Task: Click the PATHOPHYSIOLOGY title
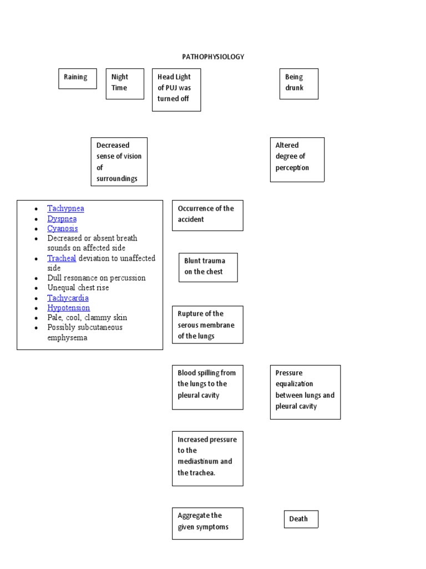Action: click(x=213, y=57)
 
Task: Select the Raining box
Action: click(x=77, y=78)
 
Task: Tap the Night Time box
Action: click(x=125, y=83)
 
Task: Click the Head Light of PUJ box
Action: click(x=176, y=89)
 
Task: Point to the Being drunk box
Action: click(x=298, y=83)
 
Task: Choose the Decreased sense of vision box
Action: click(x=119, y=162)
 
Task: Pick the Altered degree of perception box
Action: click(x=297, y=159)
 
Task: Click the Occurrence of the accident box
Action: click(x=207, y=215)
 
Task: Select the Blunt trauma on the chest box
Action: click(x=208, y=267)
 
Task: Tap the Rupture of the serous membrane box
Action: click(x=207, y=325)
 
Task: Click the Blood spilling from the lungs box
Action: click(x=207, y=387)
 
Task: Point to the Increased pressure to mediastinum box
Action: click(x=207, y=458)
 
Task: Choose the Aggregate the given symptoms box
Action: click(x=207, y=523)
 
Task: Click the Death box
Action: click(x=301, y=519)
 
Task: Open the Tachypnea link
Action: click(x=65, y=208)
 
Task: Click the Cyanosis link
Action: click(x=62, y=228)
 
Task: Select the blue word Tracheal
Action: click(x=62, y=258)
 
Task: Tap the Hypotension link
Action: click(x=68, y=308)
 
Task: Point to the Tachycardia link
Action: click(x=68, y=298)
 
